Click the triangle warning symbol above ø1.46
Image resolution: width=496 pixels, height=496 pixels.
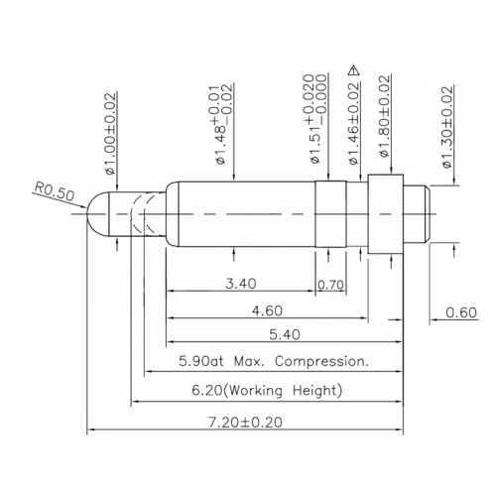[352, 69]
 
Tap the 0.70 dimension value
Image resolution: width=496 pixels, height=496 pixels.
[330, 285]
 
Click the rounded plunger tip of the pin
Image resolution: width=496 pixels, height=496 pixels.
[97, 213]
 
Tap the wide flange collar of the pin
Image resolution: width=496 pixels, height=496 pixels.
[385, 214]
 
